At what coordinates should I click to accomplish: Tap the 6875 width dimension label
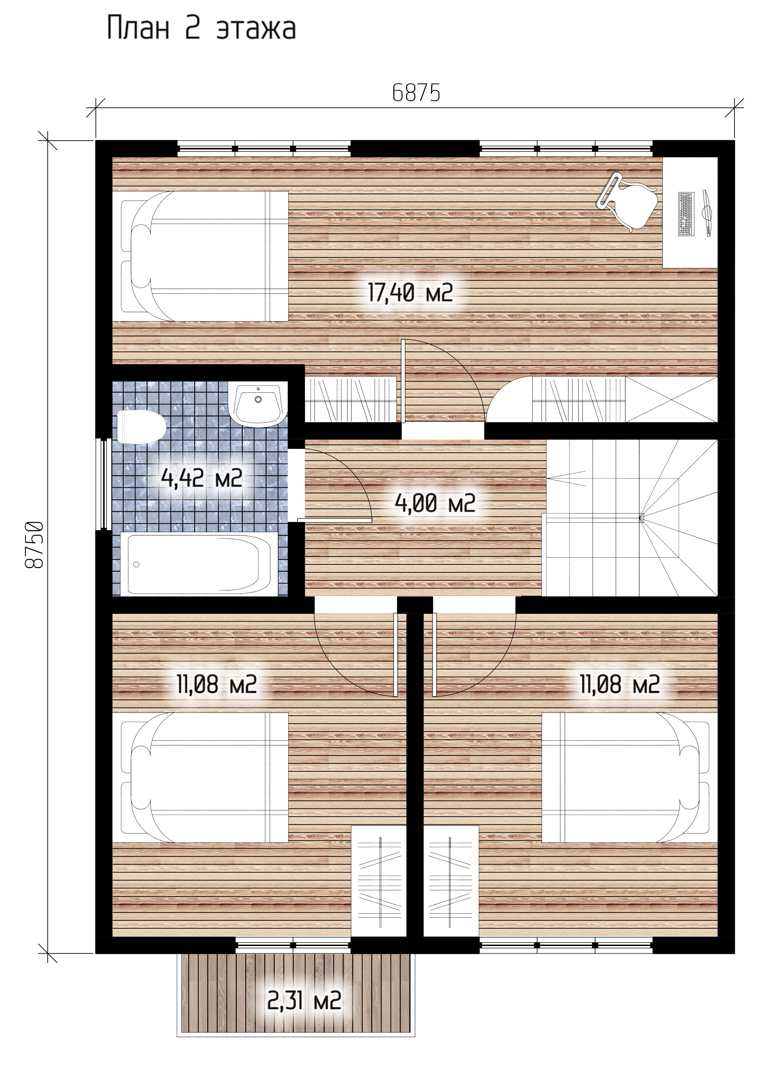click(x=416, y=93)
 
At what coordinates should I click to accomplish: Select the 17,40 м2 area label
click(x=410, y=293)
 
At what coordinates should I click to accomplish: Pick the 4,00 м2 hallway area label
click(x=435, y=503)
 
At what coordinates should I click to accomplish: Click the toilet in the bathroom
click(x=141, y=427)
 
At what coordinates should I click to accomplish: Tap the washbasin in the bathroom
click(x=258, y=404)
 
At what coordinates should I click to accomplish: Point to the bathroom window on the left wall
click(x=103, y=485)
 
